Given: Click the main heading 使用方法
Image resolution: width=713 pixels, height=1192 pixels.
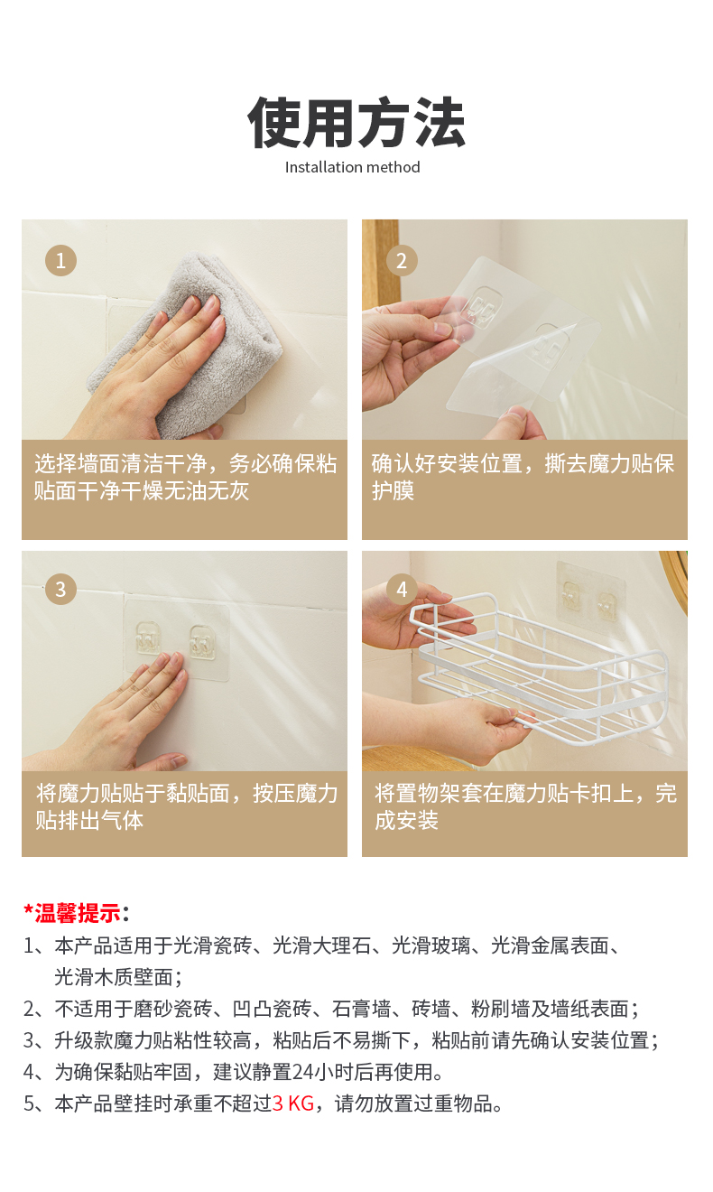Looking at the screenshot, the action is click(356, 123).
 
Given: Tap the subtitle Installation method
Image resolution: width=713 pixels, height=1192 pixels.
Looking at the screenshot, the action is click(353, 168).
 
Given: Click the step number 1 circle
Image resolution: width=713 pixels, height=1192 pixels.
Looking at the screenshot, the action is click(60, 261).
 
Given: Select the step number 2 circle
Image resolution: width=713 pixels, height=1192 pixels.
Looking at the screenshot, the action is click(402, 261).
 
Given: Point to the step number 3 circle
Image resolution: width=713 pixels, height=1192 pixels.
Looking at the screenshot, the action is click(60, 589).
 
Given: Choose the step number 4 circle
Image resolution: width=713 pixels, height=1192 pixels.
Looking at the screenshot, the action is click(402, 589).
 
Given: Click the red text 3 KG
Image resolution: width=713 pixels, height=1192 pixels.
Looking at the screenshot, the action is click(293, 1104).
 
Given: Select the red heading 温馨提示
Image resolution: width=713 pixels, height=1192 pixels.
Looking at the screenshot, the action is click(78, 913).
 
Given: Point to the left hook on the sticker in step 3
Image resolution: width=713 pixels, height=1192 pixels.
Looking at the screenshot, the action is click(148, 638).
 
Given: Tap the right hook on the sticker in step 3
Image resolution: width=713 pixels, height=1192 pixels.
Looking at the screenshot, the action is click(203, 642).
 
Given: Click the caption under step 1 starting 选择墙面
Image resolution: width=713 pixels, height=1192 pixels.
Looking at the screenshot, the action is click(185, 478).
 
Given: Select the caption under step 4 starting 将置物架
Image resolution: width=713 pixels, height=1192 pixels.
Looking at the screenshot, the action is click(525, 806).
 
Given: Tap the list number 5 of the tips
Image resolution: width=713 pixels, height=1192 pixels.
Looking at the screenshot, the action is click(29, 1104).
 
